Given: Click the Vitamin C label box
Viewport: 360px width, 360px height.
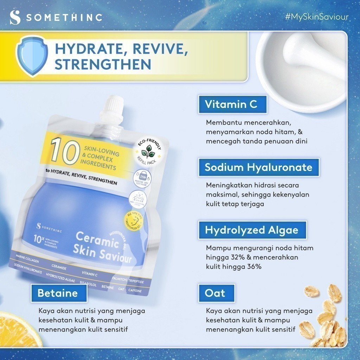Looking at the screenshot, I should click(231, 104).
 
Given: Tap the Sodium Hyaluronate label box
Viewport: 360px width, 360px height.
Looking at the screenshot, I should click(258, 167).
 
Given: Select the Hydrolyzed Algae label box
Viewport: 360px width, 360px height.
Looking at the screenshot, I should click(252, 230).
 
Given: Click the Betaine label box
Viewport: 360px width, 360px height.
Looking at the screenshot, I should click(58, 293).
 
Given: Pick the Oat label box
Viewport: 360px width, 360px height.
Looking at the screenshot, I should click(215, 293).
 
